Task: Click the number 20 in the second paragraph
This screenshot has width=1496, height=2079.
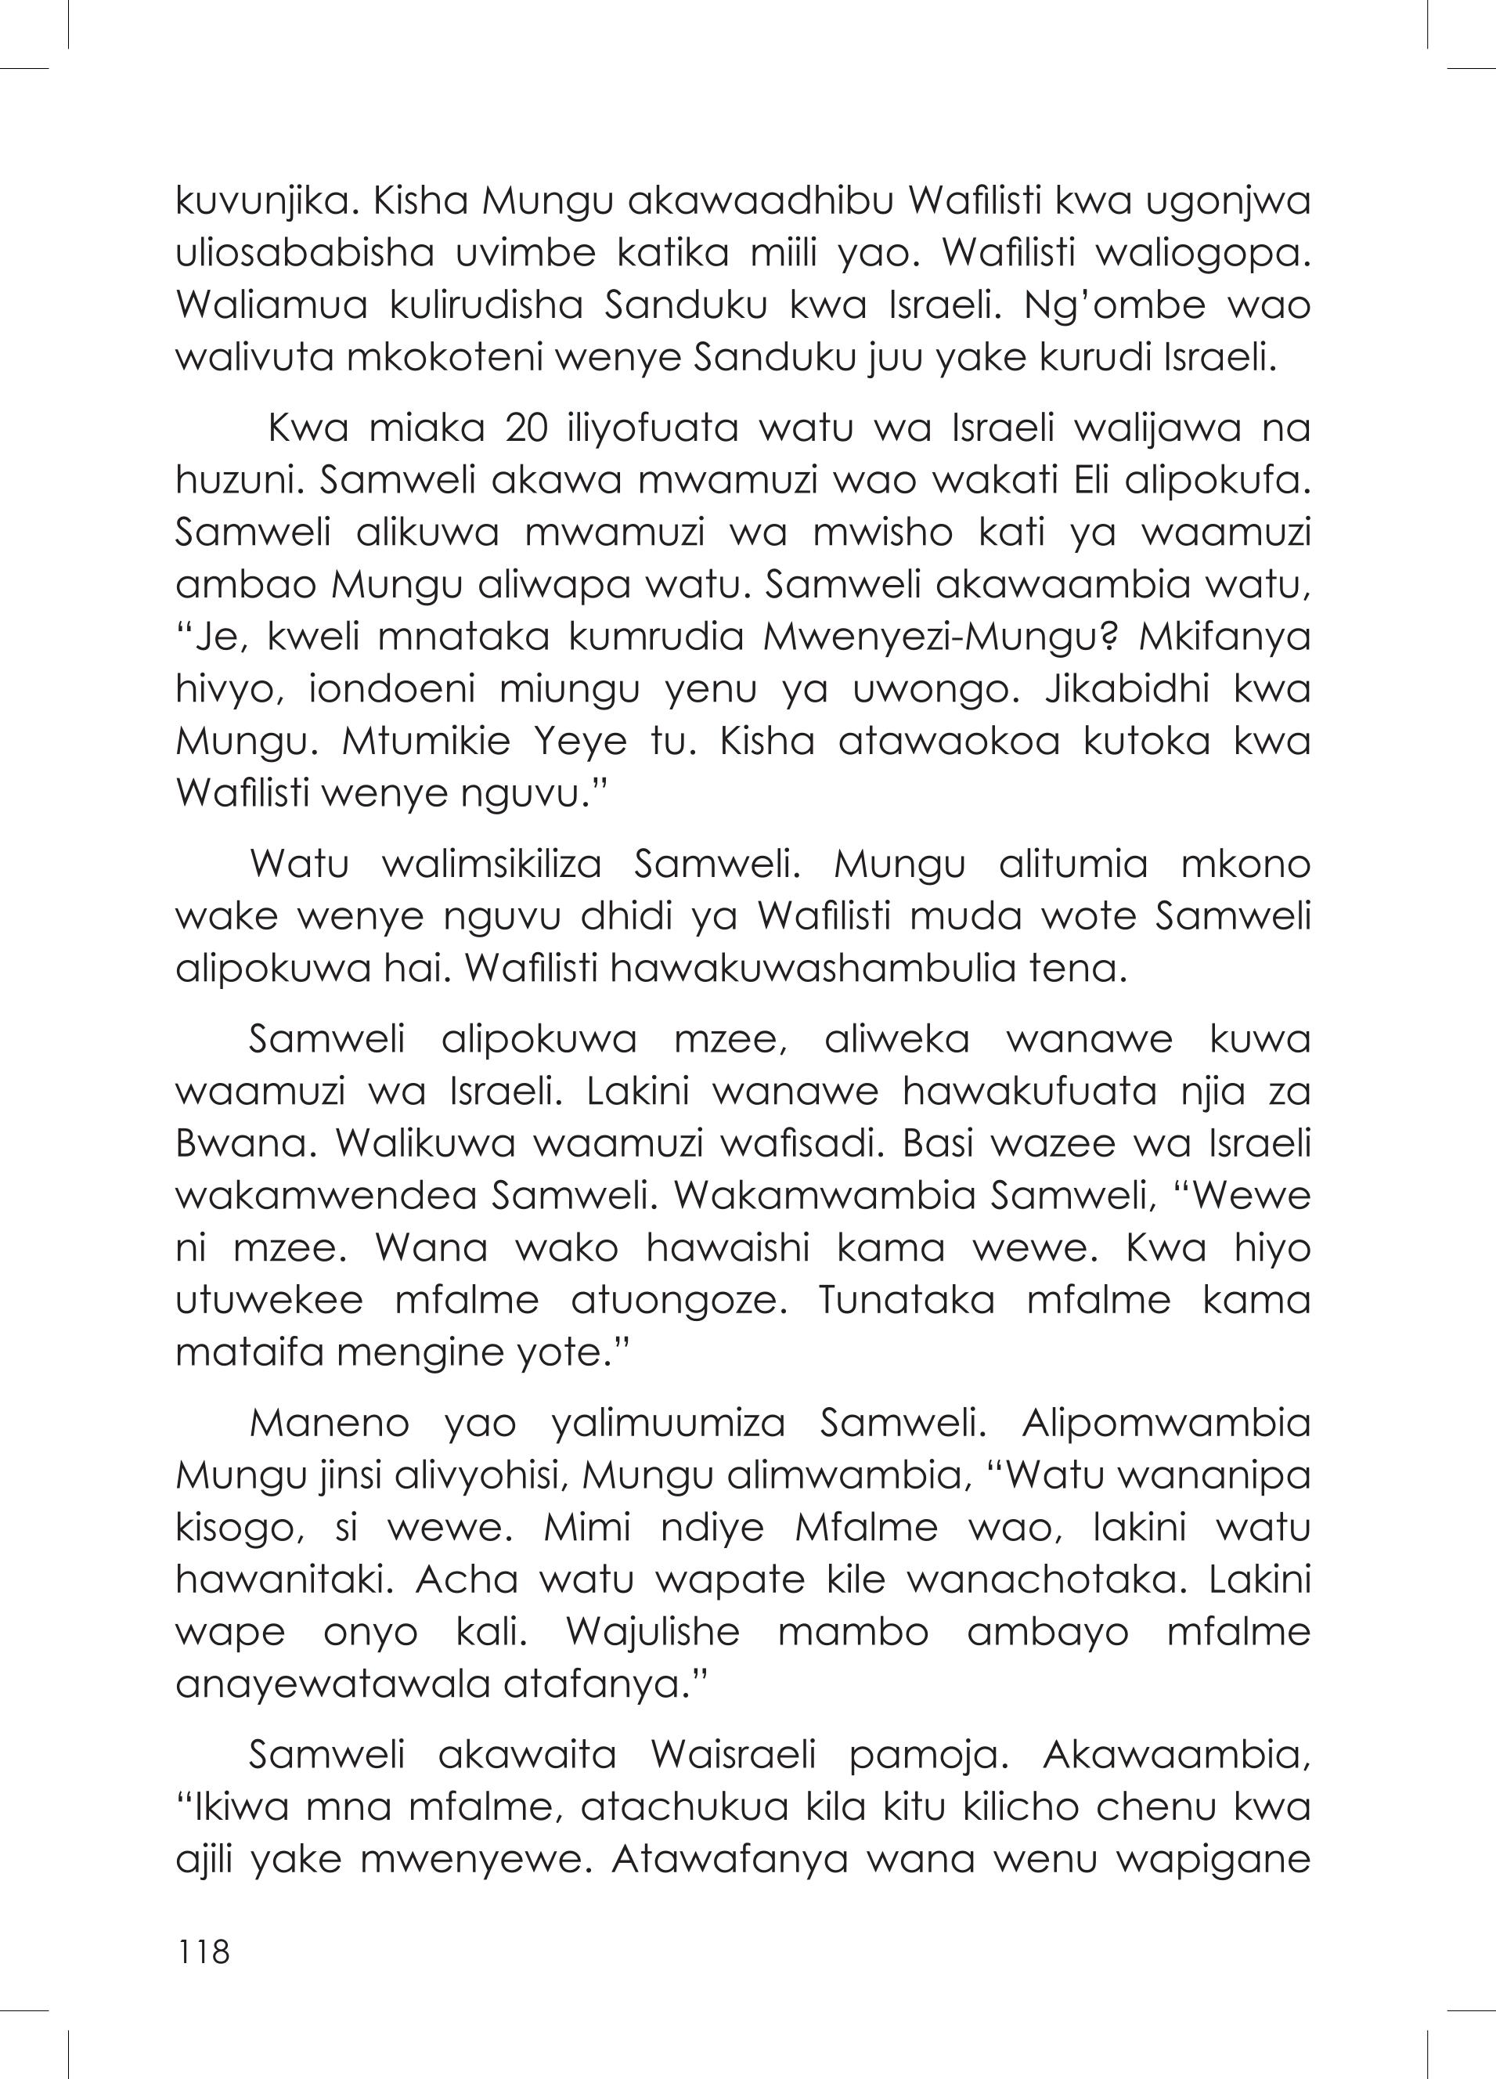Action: point(529,429)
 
